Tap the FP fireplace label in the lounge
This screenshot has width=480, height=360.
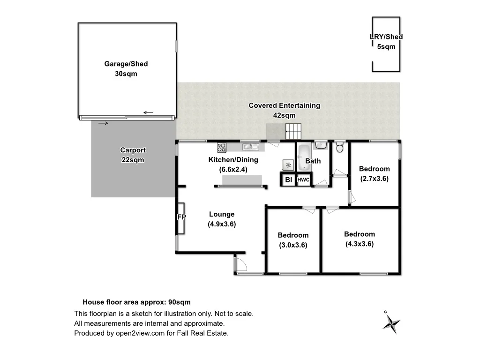pos(181,217)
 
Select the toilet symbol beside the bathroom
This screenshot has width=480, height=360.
pos(341,148)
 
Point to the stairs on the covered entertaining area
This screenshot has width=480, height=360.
pos(293,131)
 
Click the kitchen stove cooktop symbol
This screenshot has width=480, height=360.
pos(222,147)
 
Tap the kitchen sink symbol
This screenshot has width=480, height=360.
pos(250,147)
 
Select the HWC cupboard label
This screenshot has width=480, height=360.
pos(304,180)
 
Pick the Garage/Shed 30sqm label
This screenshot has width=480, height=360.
pos(126,68)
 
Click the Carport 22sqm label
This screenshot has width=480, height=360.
pos(133,155)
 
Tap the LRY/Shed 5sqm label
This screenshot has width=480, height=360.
pos(386,42)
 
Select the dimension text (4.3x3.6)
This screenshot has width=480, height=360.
pos(360,244)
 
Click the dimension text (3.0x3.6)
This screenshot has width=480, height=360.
pos(293,245)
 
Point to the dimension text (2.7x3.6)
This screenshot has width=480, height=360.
pos(375,179)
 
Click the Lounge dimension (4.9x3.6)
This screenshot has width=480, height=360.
pos(222,224)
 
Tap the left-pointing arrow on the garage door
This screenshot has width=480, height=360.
pos(149,112)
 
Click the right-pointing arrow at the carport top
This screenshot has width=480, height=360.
pos(104,123)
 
